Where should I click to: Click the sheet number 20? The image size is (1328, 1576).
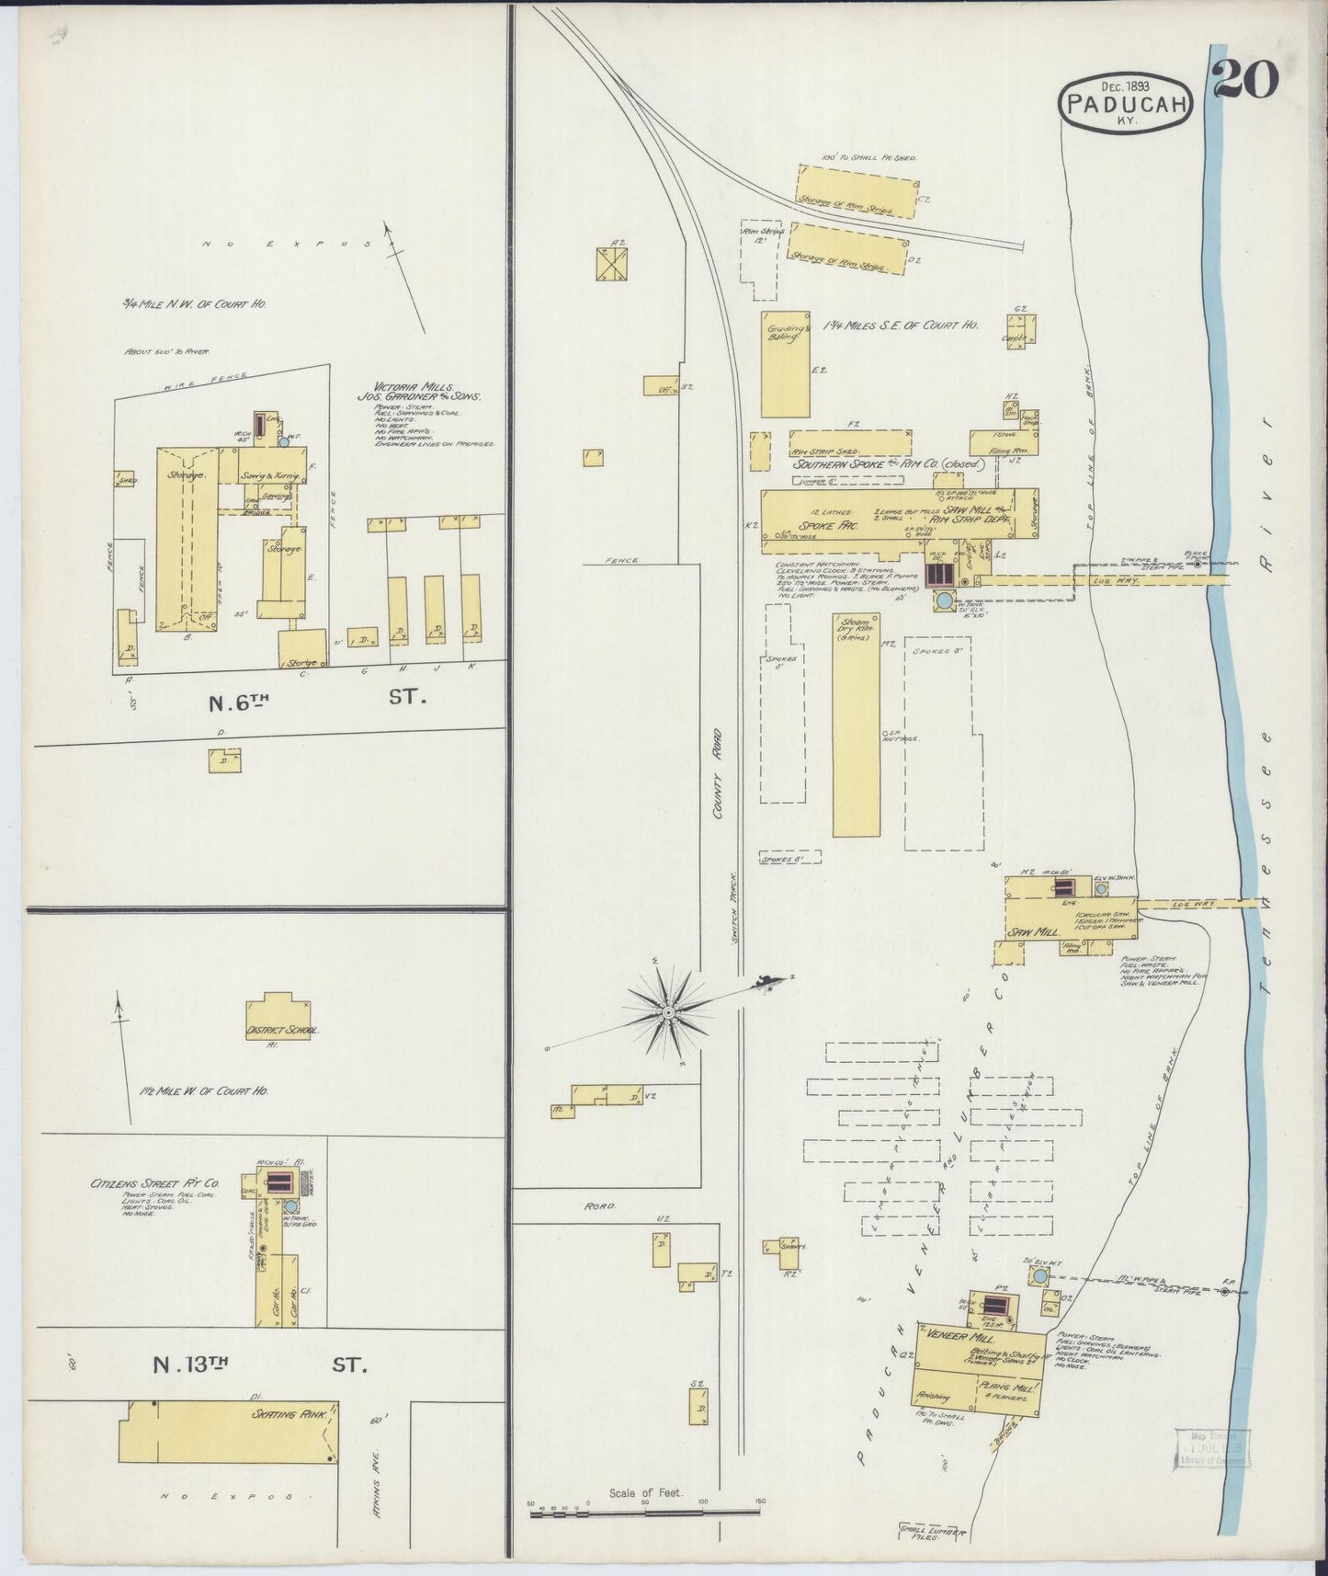(x=1246, y=79)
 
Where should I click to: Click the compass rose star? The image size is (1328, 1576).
(x=670, y=1012)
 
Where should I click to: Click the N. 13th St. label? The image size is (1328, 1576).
(x=259, y=1365)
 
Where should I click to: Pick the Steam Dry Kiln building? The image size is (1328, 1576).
(x=856, y=726)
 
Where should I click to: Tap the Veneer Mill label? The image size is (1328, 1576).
(x=958, y=1334)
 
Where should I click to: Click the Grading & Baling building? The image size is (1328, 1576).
(x=786, y=363)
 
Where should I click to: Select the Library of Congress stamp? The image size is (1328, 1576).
(x=1212, y=1452)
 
